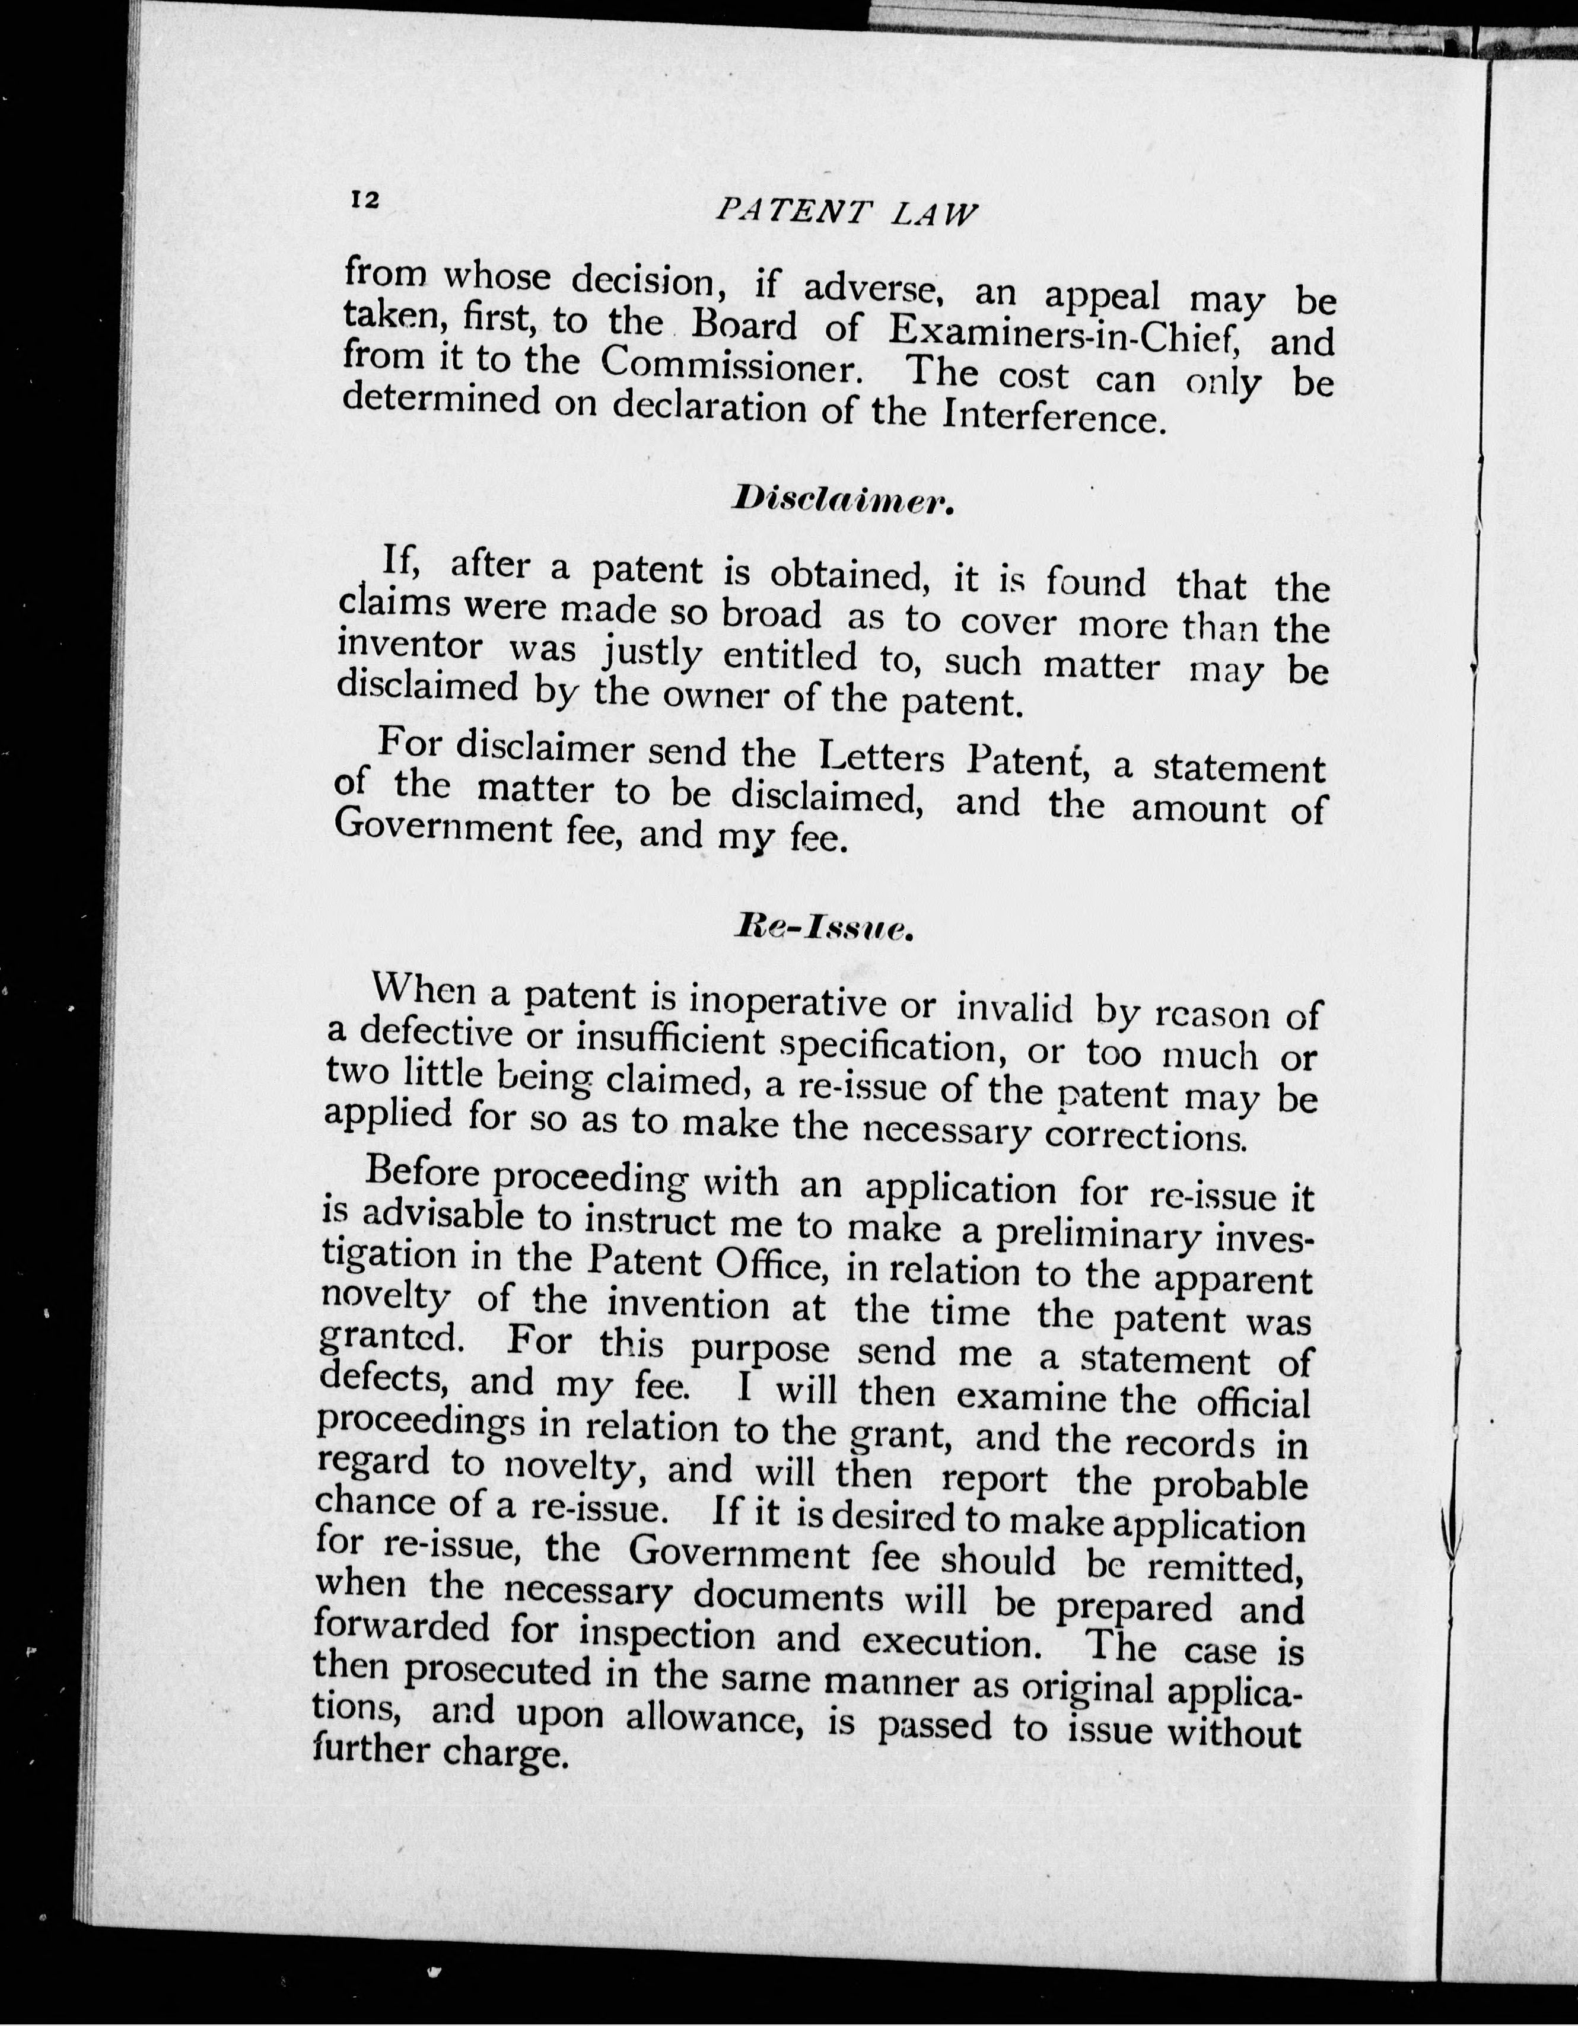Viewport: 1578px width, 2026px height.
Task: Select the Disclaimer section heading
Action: [x=842, y=501]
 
